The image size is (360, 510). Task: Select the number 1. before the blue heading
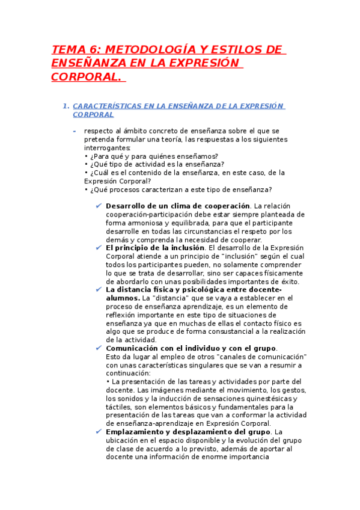pos(66,106)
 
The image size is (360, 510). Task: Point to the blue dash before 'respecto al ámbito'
pos(74,131)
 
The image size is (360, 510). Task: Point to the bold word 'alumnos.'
pos(123,298)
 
